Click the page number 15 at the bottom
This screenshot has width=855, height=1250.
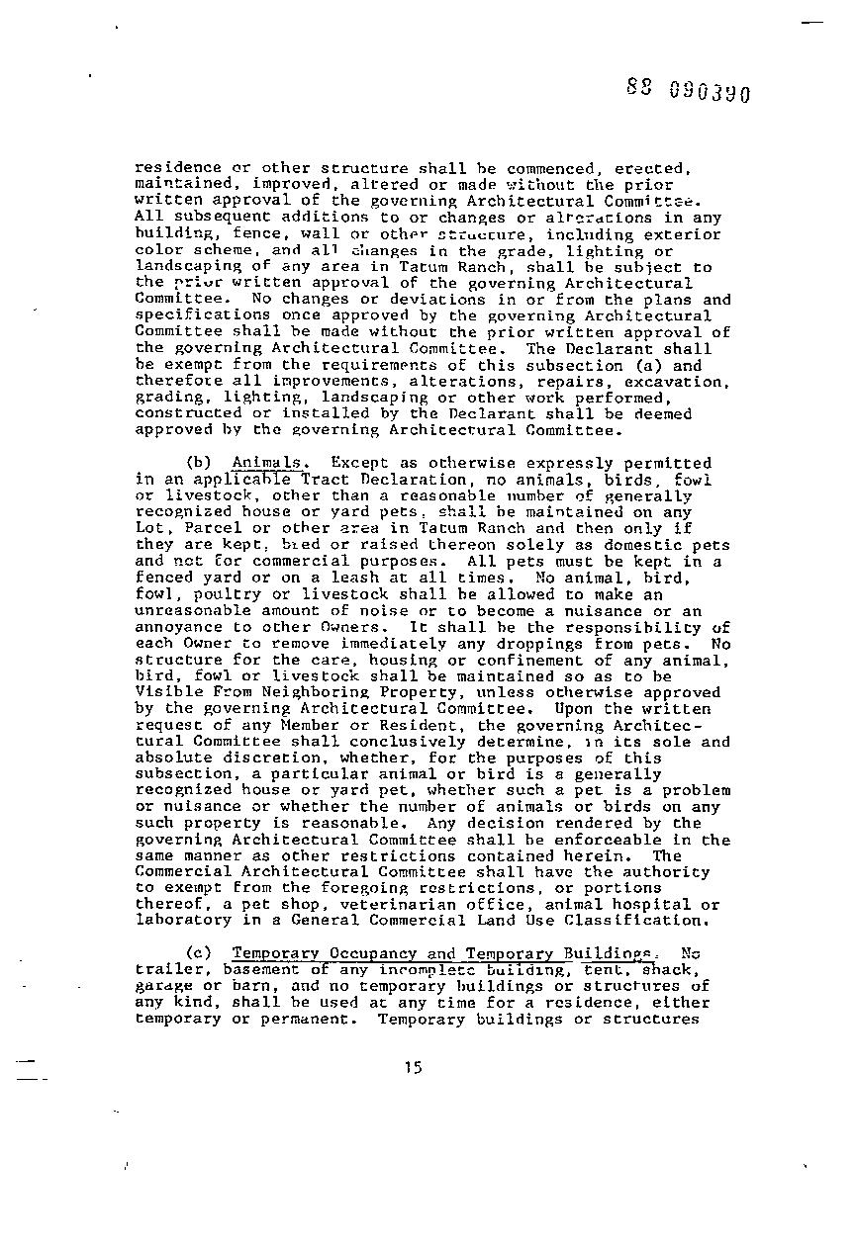tap(414, 1066)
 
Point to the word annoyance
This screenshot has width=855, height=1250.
tap(174, 627)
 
